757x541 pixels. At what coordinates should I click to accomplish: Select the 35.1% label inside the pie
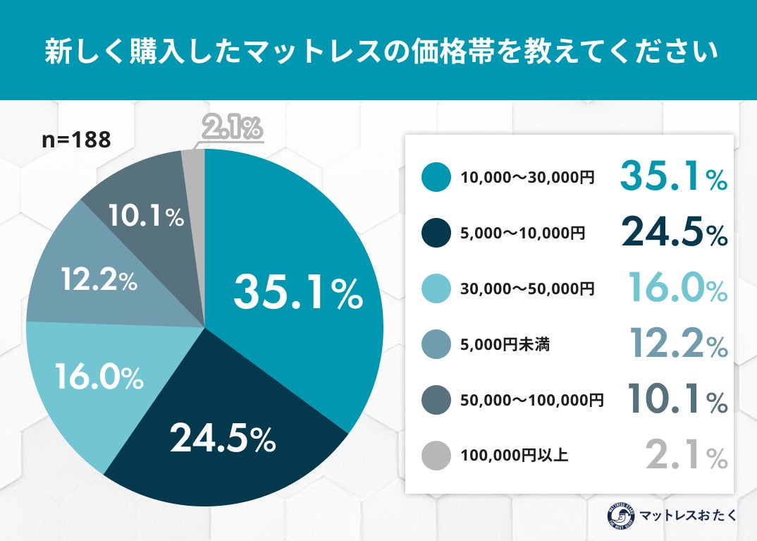[x=298, y=292]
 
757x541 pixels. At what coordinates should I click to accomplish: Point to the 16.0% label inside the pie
[x=99, y=379]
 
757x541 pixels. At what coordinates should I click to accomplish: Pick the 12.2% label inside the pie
[x=98, y=281]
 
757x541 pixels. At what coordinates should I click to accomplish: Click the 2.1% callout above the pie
[x=233, y=128]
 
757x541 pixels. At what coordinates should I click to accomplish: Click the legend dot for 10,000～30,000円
[x=436, y=177]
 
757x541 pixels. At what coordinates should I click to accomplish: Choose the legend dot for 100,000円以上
[x=436, y=456]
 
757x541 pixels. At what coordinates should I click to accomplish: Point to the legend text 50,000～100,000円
[x=532, y=400]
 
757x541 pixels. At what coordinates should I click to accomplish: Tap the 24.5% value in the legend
[x=673, y=233]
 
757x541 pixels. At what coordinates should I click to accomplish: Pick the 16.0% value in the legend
[x=677, y=289]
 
